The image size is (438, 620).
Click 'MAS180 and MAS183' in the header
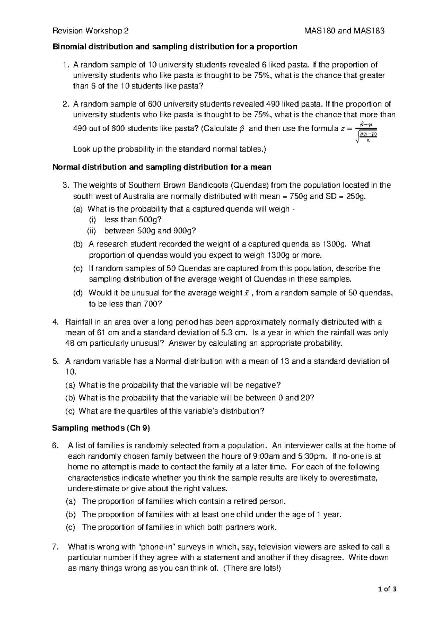[x=345, y=31]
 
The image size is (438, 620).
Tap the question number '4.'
[x=55, y=322]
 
